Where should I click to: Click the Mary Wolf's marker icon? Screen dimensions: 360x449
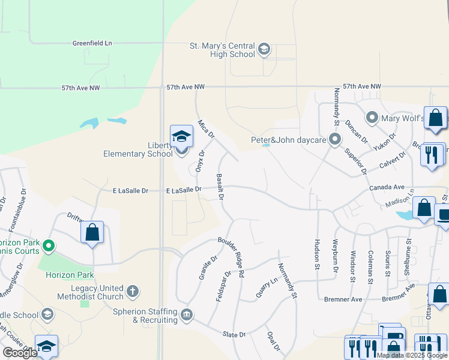[x=372, y=118]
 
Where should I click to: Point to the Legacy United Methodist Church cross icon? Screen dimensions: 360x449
[x=132, y=292]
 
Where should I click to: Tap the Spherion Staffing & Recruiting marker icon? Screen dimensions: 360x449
[x=187, y=315]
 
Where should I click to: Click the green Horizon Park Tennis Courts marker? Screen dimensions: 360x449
[x=49, y=246]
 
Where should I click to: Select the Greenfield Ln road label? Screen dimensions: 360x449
[x=92, y=43]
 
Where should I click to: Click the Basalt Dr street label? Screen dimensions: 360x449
[x=220, y=187]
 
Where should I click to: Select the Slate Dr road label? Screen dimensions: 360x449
[x=234, y=334]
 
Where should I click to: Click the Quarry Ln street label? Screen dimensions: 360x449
[x=267, y=287]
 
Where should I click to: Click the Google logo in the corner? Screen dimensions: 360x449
[x=20, y=353]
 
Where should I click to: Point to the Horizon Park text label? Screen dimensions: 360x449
[x=69, y=275]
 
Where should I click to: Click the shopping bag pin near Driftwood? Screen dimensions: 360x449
[x=92, y=233]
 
